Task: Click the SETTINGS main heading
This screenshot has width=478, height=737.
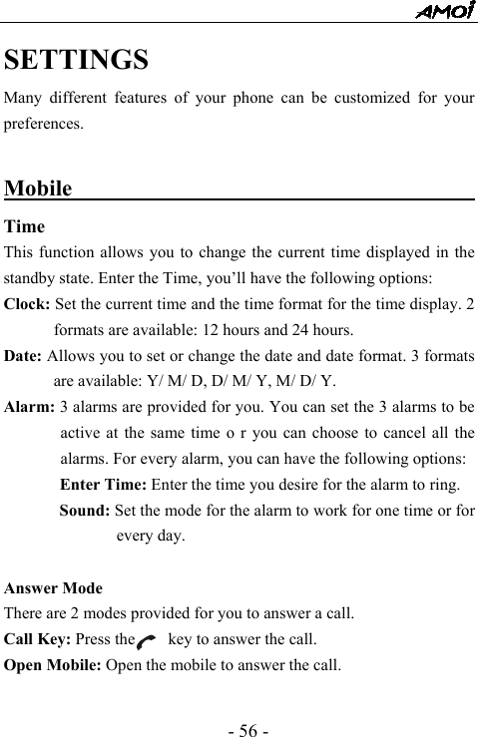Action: [77, 60]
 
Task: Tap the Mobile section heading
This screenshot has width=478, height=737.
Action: [39, 188]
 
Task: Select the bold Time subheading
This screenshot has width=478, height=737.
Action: [24, 226]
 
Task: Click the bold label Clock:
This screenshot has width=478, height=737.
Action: [29, 304]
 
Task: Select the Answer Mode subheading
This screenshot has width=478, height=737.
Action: [53, 588]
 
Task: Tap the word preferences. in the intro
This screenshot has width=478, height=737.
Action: [44, 126]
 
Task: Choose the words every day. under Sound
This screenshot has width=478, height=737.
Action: [150, 538]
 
